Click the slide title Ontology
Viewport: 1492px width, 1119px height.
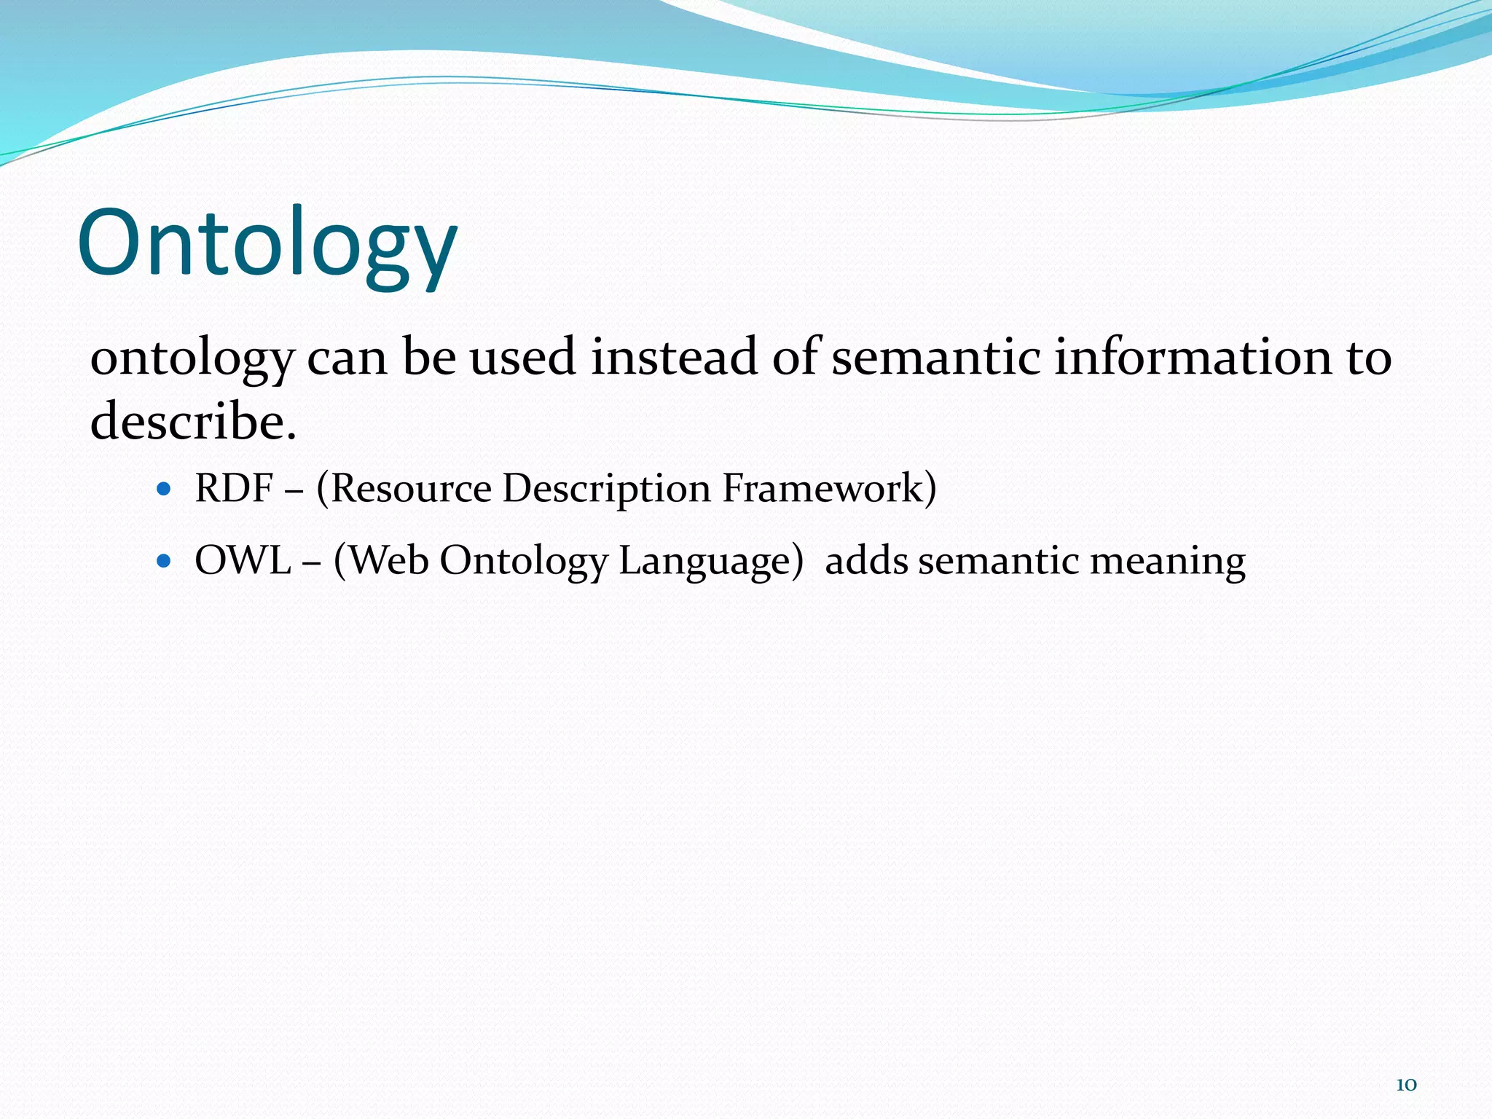[267, 244]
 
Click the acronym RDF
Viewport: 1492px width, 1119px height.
[234, 488]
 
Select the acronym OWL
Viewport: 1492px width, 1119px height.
[243, 561]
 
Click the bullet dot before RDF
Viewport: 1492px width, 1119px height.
[163, 489]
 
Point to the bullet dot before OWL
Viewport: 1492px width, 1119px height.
[163, 561]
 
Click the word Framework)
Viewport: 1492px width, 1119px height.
[829, 488]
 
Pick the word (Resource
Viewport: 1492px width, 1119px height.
[404, 488]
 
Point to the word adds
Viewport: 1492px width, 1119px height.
[866, 561]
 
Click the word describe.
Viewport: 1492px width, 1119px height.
[193, 422]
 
